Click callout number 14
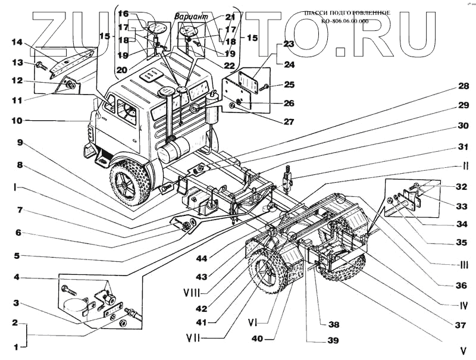(17, 42)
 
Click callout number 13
(17, 62)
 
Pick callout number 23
(289, 43)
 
